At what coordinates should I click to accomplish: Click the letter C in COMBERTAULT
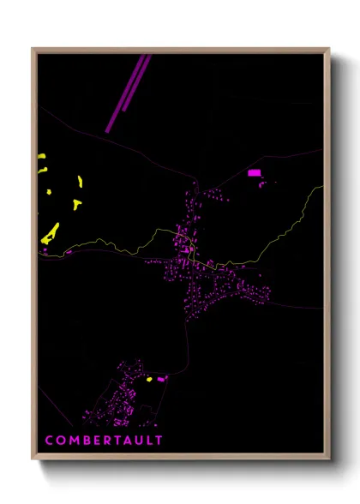point(49,441)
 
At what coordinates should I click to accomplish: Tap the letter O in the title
point(61,441)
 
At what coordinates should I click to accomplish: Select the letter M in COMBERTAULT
point(74,441)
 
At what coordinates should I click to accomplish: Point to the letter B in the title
point(87,441)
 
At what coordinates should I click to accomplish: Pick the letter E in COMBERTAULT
point(97,441)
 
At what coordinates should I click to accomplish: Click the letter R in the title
point(107,441)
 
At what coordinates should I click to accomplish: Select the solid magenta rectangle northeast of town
point(254,173)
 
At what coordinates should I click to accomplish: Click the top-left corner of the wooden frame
point(33,49)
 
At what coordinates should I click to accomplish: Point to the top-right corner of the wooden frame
point(329,49)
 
